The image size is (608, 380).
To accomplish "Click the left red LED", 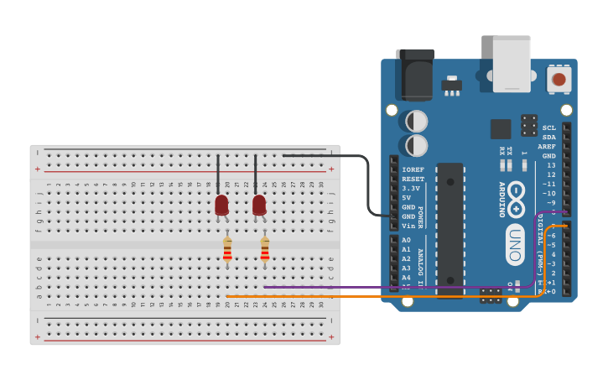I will point(221,205).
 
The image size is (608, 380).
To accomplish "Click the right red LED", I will point(259,205).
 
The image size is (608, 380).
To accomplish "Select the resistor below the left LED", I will point(227,250).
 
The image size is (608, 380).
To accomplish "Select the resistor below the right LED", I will point(265,250).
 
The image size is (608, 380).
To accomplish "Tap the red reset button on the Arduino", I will point(559,80).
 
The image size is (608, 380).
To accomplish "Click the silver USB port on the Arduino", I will point(512,64).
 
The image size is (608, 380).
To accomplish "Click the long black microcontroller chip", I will point(450,226).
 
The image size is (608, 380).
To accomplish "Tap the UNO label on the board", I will point(515,244).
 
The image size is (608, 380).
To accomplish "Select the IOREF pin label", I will point(413,169).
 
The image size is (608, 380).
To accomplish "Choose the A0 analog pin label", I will point(407,240).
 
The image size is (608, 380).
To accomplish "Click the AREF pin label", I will point(547,147).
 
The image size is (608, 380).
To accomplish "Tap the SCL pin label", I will point(548,128).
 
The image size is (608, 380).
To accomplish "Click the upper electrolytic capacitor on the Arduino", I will point(416,122).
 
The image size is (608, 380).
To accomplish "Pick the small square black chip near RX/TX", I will point(501,128).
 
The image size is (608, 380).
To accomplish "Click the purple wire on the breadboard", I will point(377,288).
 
